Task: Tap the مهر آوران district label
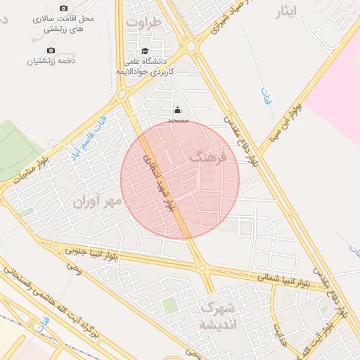point(97,201)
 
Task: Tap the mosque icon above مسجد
point(177,110)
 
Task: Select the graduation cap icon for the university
point(145,51)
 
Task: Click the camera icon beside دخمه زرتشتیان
point(51,51)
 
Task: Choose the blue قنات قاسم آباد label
point(87,134)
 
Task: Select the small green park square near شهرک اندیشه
point(169,304)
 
